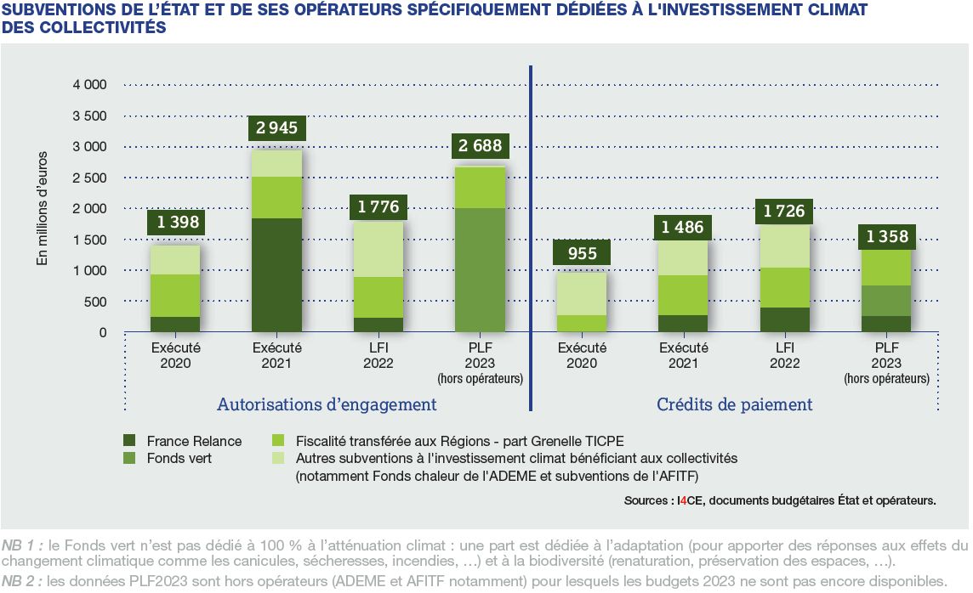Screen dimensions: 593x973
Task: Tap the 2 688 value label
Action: [x=481, y=145]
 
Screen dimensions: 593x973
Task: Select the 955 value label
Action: [x=582, y=253]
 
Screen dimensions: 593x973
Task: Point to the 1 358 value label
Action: [x=887, y=236]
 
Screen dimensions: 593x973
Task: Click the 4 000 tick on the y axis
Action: [x=89, y=85]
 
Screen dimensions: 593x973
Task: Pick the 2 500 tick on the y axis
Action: [x=89, y=178]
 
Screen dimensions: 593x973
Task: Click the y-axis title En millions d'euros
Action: [x=42, y=208]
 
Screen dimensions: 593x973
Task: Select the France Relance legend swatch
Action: [x=129, y=441]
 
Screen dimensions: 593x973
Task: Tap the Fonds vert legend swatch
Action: [x=129, y=457]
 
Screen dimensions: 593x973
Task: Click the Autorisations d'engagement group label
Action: [x=327, y=404]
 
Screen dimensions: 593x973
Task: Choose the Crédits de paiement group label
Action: [x=734, y=404]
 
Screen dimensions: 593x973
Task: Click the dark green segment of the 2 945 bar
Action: [x=276, y=274]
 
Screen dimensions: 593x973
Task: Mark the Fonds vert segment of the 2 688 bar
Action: [x=481, y=269]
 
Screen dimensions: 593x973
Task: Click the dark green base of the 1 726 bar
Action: [x=785, y=319]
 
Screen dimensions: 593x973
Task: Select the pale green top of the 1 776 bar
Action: [x=378, y=249]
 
